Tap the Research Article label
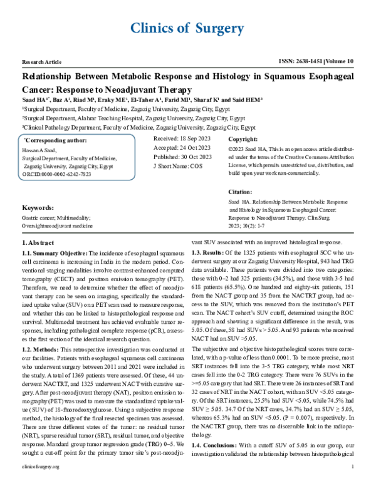click(42, 64)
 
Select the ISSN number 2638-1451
click(305, 63)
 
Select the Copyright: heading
click(243, 139)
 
